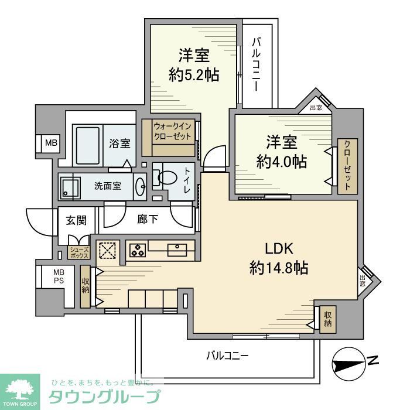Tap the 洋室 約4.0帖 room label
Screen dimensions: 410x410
[281, 152]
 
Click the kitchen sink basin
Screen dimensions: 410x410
[177, 250]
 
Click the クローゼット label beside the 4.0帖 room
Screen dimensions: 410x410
[347, 166]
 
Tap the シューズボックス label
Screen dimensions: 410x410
[78, 253]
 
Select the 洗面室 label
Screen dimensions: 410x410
[108, 186]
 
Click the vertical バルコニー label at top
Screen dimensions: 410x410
[257, 64]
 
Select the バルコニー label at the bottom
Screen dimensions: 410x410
[228, 356]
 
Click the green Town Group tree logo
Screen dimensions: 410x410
[20, 389]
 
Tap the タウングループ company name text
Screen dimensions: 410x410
[104, 396]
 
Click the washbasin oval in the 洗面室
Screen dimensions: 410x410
[141, 187]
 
